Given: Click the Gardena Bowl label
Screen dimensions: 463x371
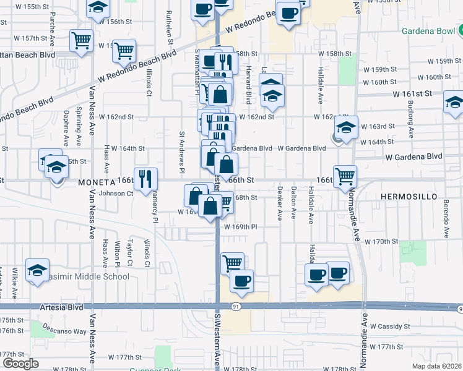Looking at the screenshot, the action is [426, 32].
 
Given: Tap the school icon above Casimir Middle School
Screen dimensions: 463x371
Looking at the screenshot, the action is [37, 270].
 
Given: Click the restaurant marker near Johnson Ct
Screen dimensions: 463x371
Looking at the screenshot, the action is [145, 179].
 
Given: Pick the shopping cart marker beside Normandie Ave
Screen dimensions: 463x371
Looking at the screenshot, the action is [345, 176].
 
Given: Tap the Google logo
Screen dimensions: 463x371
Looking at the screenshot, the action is [20, 363].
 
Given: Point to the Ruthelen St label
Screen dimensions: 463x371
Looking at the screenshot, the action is [168, 27].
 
